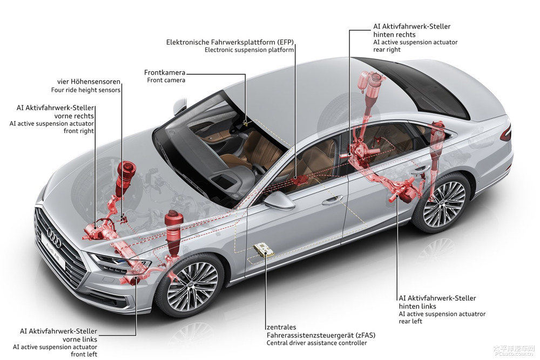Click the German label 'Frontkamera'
point(165,73)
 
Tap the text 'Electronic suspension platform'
point(249,50)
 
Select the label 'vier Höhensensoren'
point(89,81)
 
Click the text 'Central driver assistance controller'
point(316,343)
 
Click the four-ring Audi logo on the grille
point(54,238)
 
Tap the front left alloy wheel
point(189,287)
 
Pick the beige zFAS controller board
point(264,250)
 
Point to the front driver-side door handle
point(332,200)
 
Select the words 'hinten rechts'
point(394,35)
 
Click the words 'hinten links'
point(417,307)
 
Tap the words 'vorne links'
point(80,339)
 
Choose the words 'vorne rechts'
point(74,116)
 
